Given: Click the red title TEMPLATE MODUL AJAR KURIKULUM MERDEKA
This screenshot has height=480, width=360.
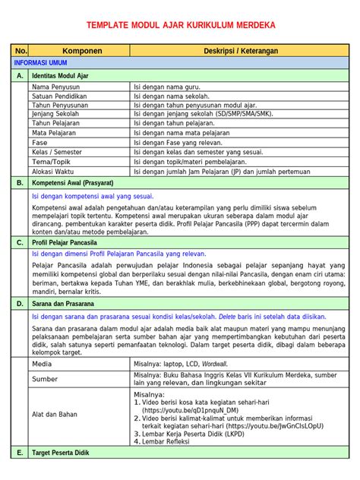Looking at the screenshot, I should (x=180, y=26).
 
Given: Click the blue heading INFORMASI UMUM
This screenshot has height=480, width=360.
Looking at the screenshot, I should (x=40, y=64).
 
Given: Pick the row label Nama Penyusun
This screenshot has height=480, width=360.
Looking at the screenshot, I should (x=55, y=87).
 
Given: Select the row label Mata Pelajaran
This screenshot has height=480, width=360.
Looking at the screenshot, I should (x=55, y=132).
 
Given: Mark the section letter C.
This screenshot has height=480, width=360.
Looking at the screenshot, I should (x=20, y=242).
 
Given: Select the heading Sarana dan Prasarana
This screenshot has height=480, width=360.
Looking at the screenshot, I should (x=65, y=302).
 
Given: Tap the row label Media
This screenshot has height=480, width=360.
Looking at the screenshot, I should (x=42, y=364).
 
